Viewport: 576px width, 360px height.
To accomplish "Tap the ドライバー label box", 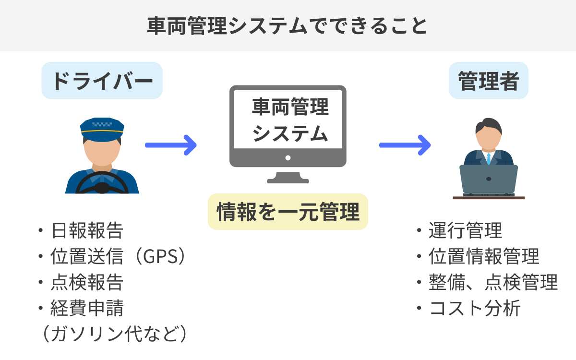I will point(102,81).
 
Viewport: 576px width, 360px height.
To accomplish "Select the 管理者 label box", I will point(488,81).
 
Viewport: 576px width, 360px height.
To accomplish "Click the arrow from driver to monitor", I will point(170,144).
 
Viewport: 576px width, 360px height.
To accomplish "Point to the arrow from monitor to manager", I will point(405,144).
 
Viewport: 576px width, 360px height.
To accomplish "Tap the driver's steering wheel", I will point(102,182).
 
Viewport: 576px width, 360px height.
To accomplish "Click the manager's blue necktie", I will point(489,158).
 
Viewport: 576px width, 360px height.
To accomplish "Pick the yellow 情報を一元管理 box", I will point(288,212).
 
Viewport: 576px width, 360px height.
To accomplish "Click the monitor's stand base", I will point(288,180).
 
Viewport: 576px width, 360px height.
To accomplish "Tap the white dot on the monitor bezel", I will point(288,157).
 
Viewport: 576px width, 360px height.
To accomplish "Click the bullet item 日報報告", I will point(86,231).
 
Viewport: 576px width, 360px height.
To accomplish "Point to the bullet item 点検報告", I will point(86,282).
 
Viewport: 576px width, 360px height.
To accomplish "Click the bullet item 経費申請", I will point(86,308).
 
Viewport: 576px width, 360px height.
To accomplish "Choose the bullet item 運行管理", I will point(465,231).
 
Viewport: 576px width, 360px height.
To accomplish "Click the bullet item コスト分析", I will point(474,308).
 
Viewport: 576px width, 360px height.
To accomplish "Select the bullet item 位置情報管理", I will point(484,257).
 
